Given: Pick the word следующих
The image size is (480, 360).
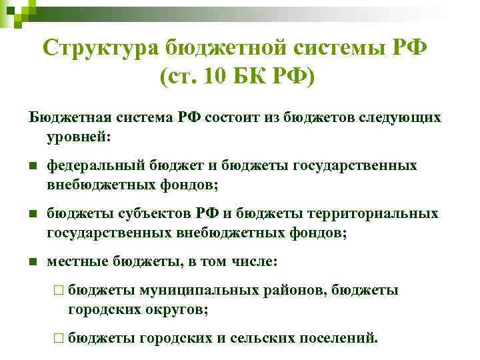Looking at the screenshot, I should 407,117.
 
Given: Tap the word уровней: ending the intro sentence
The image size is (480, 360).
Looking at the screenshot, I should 81,137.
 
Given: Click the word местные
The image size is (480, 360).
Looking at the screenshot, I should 71,261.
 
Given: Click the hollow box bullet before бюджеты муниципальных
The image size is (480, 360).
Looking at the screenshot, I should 59,290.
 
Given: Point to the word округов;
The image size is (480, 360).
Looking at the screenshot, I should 178,309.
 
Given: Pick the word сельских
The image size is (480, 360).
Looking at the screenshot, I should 260,338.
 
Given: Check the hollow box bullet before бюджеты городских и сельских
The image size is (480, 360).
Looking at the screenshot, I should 59,338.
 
